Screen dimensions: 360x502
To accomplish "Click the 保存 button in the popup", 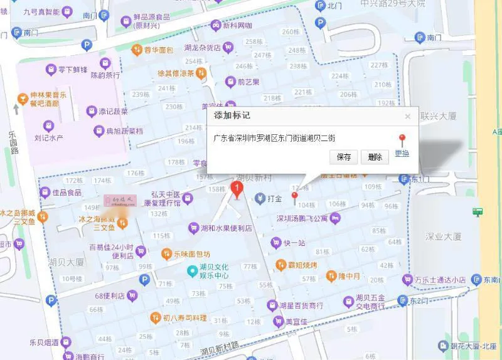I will [x=344, y=157].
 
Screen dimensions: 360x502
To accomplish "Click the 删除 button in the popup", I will [x=375, y=157].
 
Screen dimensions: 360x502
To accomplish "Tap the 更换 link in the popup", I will [x=402, y=154].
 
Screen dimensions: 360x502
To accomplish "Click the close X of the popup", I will [x=407, y=116].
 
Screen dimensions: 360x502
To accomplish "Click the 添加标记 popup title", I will [x=232, y=115].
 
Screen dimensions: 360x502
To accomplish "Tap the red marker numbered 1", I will [x=237, y=189].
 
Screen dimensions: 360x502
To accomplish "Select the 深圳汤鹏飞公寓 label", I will [x=302, y=219].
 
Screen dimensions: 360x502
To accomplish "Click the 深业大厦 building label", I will [x=443, y=236].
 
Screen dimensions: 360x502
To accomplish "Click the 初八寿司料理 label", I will [x=184, y=318].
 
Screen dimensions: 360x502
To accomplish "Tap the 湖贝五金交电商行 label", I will [x=370, y=302].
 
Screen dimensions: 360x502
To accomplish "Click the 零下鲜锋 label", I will [x=72, y=70].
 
